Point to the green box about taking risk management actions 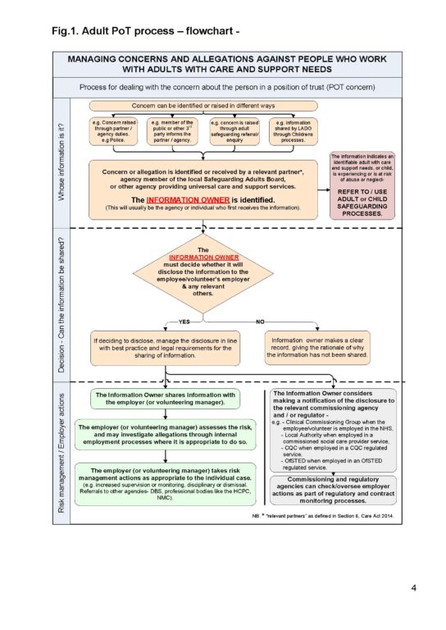(x=165, y=484)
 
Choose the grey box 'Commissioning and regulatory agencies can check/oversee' (x=331, y=490)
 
